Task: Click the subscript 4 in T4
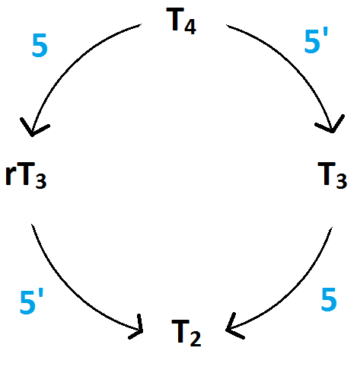190,27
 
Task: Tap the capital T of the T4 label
175,19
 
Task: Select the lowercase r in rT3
11,177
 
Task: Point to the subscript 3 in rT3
41,180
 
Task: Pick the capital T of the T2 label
180,331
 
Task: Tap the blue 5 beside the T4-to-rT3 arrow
40,46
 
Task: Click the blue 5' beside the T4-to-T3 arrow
316,41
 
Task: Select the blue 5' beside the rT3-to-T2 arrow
32,302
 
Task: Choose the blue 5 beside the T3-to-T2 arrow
329,300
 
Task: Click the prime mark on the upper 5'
326,33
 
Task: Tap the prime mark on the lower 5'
41,294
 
